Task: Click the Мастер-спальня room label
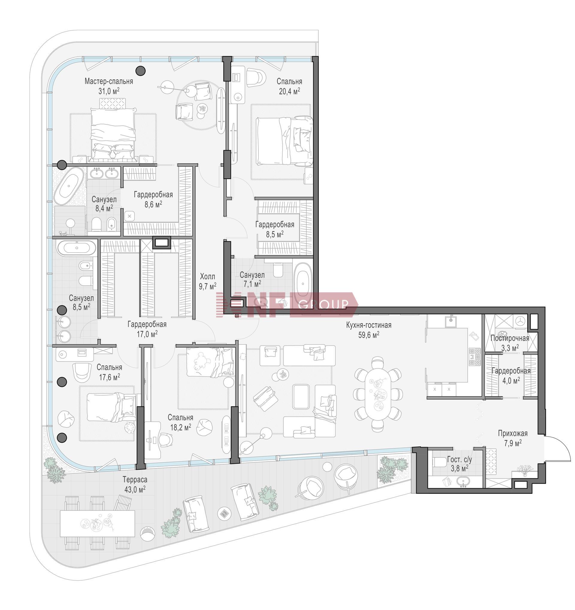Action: point(109,81)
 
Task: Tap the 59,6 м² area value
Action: point(369,335)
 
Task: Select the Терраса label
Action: point(135,479)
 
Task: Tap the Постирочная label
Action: point(510,338)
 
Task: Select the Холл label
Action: point(208,276)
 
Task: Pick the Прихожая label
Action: point(513,433)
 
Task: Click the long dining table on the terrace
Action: point(98,522)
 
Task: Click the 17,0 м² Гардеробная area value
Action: point(147,334)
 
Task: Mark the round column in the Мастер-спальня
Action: point(141,71)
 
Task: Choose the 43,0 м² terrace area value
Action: point(135,489)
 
